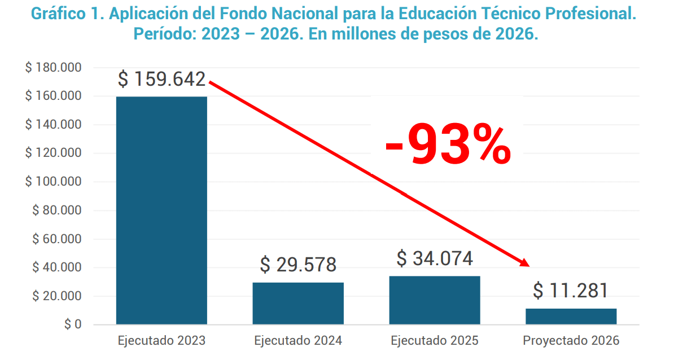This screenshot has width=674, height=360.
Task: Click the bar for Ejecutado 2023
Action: (x=161, y=210)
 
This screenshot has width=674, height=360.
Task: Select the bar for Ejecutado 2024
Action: (x=298, y=304)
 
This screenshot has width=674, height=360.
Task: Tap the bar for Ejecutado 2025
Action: (x=435, y=300)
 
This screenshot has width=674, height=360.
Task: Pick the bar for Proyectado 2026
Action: (x=571, y=317)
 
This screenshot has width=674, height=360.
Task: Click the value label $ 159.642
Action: (x=161, y=80)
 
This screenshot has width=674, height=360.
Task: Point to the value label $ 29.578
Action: (x=298, y=265)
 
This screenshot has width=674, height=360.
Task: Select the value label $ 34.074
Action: (x=435, y=258)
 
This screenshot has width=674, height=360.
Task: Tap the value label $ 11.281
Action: (x=571, y=291)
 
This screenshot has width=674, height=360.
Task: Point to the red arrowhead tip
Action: (x=528, y=265)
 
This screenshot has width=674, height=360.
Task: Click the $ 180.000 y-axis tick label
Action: (x=54, y=68)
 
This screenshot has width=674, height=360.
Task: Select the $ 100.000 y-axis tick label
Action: (x=54, y=182)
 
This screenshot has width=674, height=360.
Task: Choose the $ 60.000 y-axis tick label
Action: (x=56, y=239)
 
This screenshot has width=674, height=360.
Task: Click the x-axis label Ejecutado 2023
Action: (x=161, y=341)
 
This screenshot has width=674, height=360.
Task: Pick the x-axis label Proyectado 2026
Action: (x=571, y=341)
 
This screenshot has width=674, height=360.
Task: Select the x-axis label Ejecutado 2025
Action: (x=435, y=341)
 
